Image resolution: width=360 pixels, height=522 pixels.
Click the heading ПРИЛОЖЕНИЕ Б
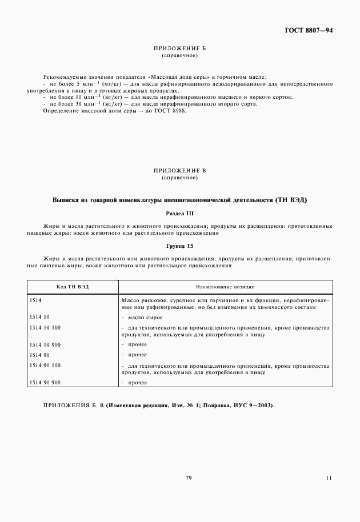(x=180, y=49)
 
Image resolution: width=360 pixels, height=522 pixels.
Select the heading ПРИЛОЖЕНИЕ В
(x=180, y=171)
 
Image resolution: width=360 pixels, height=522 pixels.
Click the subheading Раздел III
(x=180, y=213)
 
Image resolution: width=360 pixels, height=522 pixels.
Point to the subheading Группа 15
(x=180, y=246)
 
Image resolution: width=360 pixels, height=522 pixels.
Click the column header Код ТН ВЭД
(x=73, y=287)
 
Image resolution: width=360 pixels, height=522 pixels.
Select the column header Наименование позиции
(x=225, y=287)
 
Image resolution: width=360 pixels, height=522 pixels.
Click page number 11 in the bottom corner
(x=329, y=477)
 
